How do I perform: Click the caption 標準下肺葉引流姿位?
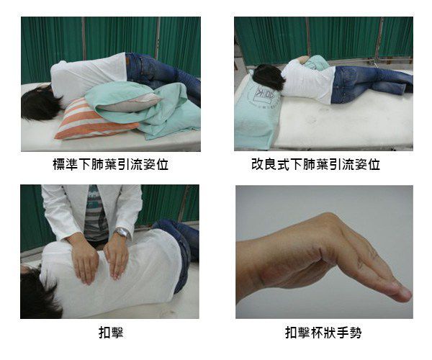pos(111,164)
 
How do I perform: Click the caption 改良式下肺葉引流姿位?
pos(316,164)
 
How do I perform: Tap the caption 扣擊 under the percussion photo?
pos(111,333)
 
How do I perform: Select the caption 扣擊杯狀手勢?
pos(323,333)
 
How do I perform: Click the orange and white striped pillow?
pos(94,121)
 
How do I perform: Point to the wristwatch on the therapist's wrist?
pos(122,233)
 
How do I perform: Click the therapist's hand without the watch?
pos(85,261)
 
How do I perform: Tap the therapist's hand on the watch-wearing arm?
pos(117,258)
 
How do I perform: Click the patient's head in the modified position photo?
pos(269,78)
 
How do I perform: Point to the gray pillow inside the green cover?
pos(130,102)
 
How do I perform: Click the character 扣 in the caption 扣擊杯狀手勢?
pos(291,333)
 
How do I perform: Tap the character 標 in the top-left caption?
pos(59,164)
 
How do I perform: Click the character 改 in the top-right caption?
pos(258,164)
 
